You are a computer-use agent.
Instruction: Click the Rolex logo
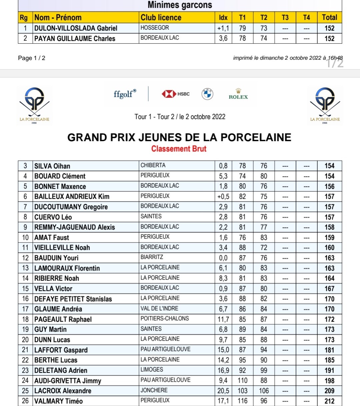point(238,94)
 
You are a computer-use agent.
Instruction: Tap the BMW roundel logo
point(207,94)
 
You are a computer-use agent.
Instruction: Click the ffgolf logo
point(125,94)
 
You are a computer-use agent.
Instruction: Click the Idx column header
point(223,18)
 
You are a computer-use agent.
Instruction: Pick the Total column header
point(329,18)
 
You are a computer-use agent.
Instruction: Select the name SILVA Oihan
point(52,166)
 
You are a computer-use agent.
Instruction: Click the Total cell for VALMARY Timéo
point(329,401)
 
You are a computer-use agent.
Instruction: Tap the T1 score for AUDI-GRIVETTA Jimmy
point(242,381)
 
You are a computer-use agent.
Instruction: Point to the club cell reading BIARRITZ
point(152,257)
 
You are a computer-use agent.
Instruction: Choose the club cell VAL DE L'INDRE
point(159,309)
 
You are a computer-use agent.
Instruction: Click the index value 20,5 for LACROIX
point(223,391)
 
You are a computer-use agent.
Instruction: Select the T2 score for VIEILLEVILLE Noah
point(264,248)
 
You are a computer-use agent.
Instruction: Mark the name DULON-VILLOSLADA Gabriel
point(76,28)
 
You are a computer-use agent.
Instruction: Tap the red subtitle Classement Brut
point(179,149)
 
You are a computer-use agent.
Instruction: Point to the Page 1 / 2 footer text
point(32,58)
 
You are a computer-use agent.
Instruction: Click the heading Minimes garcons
point(180,5)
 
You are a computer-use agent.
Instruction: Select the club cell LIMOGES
point(152,370)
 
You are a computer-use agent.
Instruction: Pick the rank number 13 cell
point(25,268)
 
